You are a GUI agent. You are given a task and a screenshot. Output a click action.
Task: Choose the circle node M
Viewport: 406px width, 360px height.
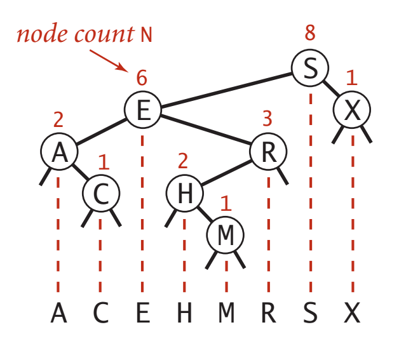226,236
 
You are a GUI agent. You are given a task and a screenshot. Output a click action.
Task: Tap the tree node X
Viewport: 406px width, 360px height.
352,111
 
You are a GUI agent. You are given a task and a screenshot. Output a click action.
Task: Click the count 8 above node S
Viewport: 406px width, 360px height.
309,34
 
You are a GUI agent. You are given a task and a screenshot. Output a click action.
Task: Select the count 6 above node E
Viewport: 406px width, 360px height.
142,77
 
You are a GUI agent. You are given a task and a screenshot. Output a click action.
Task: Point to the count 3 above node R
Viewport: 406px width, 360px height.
267,119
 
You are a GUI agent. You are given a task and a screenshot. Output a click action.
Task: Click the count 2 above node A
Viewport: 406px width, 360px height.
58,119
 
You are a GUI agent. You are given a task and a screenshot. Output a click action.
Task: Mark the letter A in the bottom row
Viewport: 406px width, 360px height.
58,313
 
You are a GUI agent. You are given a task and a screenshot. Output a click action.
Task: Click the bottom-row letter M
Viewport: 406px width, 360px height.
226,313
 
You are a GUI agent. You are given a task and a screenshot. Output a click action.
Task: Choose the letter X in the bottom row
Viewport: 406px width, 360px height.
352,313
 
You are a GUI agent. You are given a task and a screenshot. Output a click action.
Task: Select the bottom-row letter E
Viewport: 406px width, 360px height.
142,313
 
